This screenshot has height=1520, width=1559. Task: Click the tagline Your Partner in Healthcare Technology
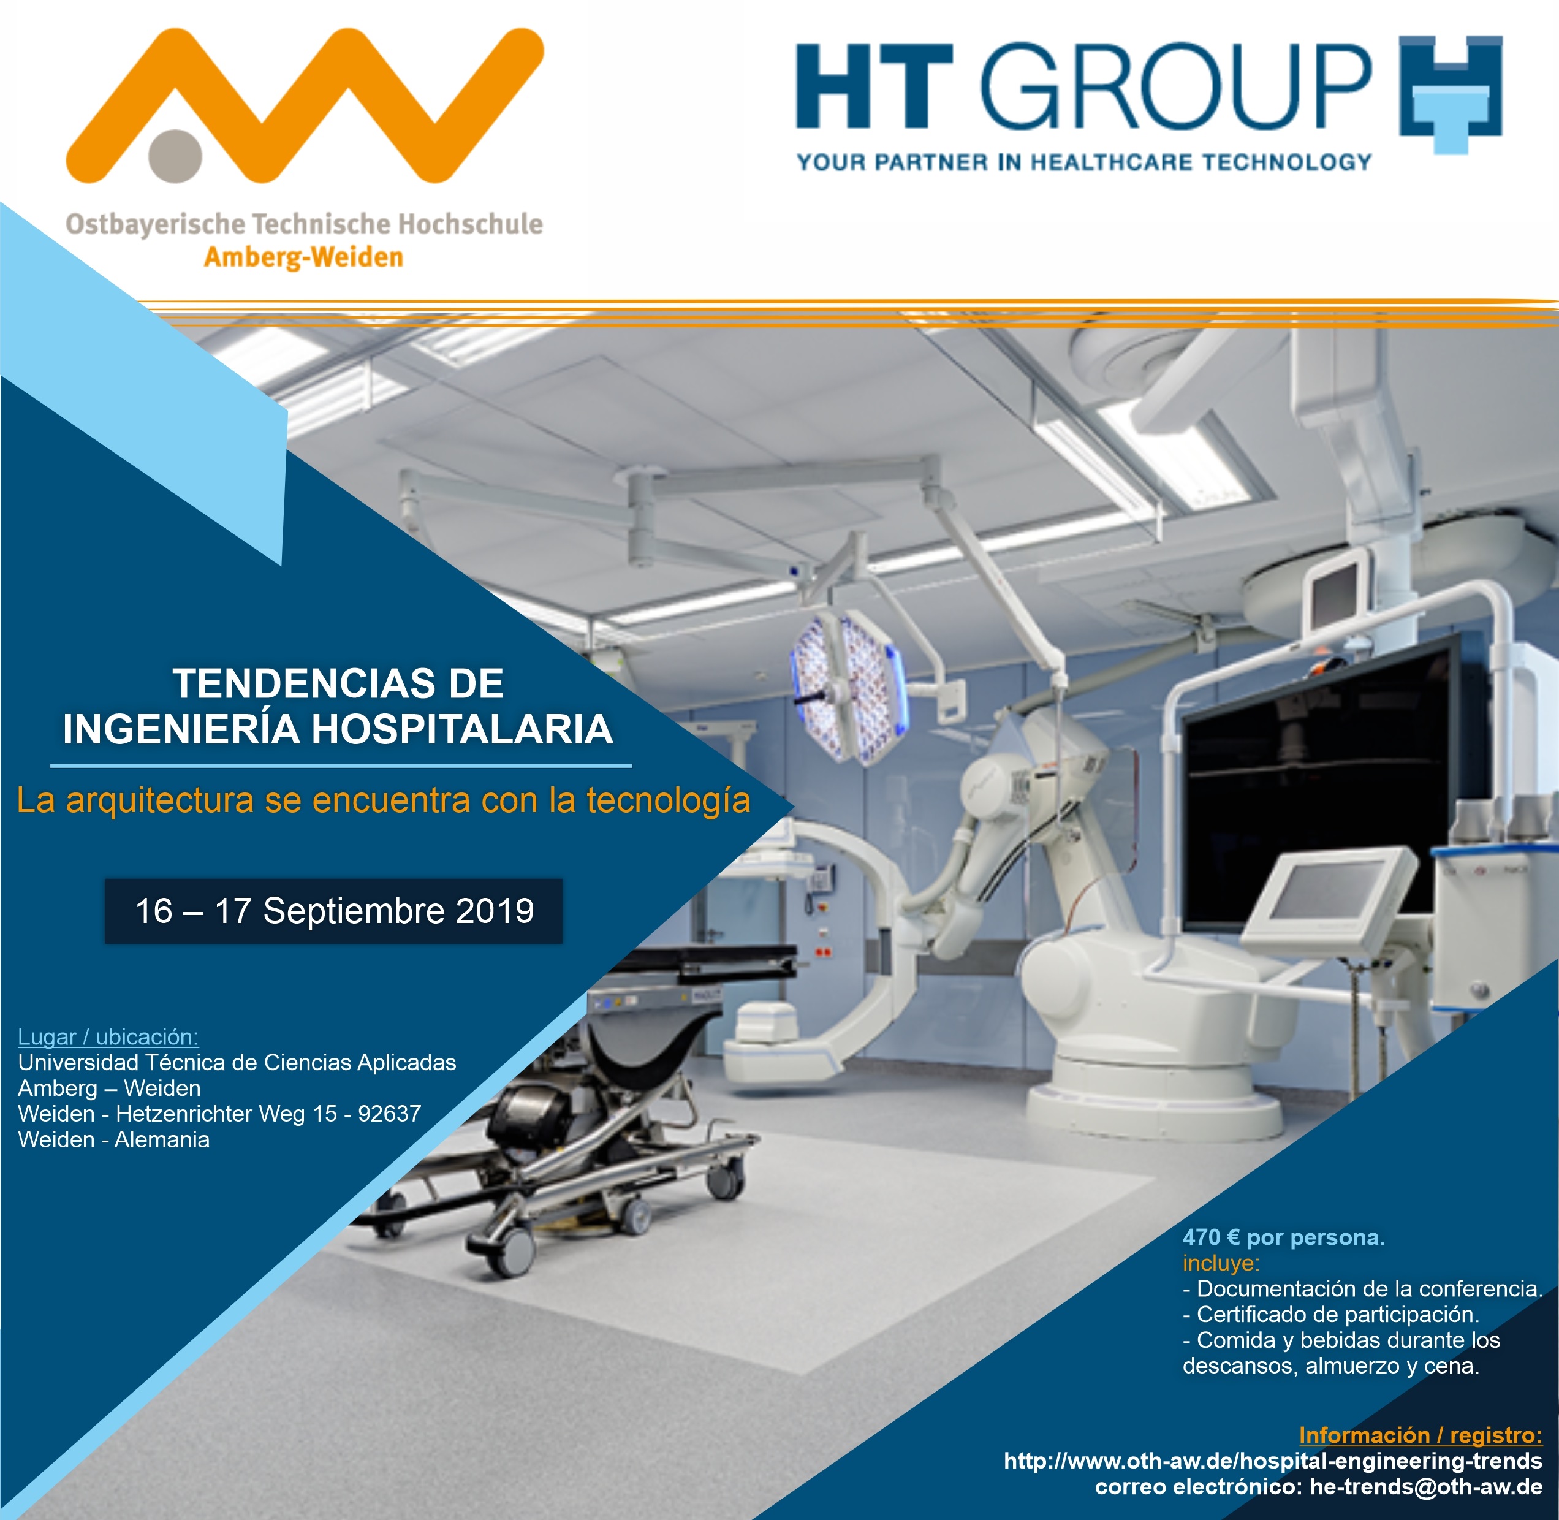coord(1084,163)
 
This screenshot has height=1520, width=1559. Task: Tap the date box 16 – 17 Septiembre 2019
coord(333,911)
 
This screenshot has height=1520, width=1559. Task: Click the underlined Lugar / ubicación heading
coord(108,1037)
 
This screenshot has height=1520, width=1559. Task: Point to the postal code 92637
coord(390,1114)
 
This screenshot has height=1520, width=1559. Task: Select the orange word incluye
coord(1221,1263)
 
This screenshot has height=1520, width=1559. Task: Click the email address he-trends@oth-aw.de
coord(1427,1486)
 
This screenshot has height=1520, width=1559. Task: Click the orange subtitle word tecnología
coord(668,800)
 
